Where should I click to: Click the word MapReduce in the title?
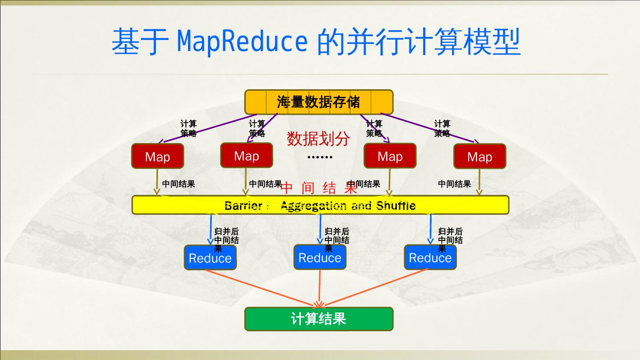(x=242, y=41)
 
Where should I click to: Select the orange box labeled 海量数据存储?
(x=319, y=102)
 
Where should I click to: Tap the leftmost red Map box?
(x=157, y=156)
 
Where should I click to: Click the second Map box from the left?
(x=246, y=156)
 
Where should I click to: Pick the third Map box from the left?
(x=390, y=156)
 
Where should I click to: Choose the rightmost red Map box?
(x=480, y=156)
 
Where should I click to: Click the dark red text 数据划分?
(x=318, y=139)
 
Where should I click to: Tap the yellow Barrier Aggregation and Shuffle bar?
(x=320, y=205)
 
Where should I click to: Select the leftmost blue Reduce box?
(x=210, y=258)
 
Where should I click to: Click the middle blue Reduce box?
(x=320, y=257)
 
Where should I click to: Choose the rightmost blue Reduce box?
(x=430, y=257)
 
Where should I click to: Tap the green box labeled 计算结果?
(x=319, y=319)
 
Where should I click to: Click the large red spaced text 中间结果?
(x=319, y=188)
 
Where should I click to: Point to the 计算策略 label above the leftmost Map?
(x=188, y=128)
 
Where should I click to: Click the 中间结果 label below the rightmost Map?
(x=454, y=184)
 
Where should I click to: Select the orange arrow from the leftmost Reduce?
(x=262, y=288)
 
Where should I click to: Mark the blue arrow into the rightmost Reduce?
(x=430, y=229)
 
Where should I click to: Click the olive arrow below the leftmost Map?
(x=157, y=181)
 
